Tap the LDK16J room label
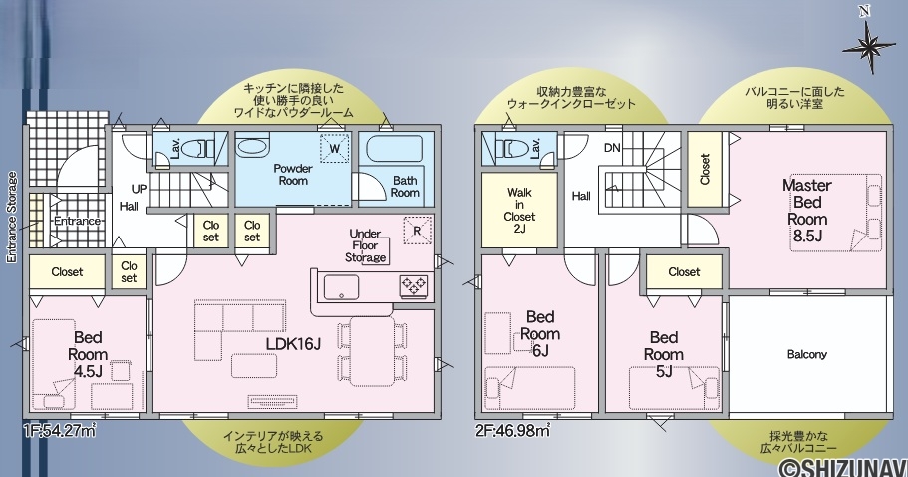293,344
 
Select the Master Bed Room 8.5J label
807,210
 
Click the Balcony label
806,354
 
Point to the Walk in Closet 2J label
519,210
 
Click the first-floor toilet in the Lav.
197,149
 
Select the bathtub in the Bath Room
396,148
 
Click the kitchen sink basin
341,287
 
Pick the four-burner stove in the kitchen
414,286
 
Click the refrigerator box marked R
417,231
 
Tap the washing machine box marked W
335,149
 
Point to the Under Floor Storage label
366,245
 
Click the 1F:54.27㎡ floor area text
59,431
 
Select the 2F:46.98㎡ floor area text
513,431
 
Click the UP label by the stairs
139,189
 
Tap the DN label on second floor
612,148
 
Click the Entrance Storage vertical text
12,218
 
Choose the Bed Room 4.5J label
88,354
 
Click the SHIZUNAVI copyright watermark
842,467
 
